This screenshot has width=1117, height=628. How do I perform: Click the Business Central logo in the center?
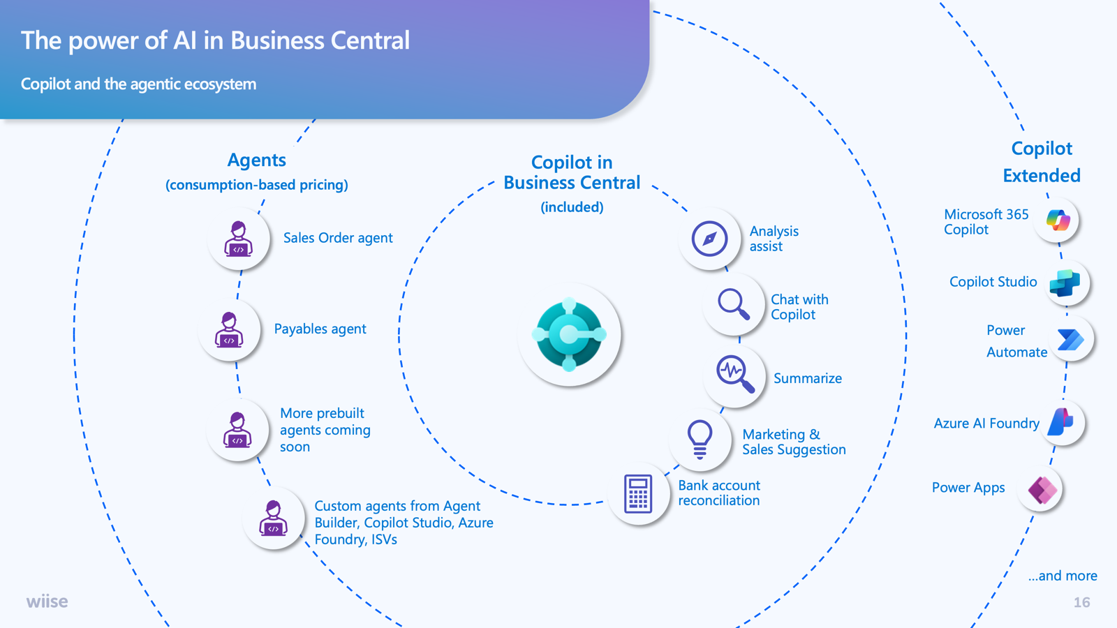(x=569, y=334)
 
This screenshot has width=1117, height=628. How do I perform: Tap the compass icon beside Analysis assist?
(x=709, y=239)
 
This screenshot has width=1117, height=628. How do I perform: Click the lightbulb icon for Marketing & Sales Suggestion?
(x=700, y=439)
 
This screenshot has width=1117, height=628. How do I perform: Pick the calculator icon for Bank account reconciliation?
(x=638, y=493)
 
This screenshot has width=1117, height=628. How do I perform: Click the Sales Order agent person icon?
(x=238, y=239)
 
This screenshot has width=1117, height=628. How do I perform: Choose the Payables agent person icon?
(x=229, y=329)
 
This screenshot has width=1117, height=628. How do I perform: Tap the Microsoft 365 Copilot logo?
(x=1058, y=220)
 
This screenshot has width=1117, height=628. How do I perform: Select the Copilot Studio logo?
(x=1065, y=283)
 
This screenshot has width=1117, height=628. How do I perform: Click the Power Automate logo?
(x=1071, y=340)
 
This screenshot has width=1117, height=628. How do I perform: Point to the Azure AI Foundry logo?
(x=1060, y=422)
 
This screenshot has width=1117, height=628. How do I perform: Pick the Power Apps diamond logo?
(x=1043, y=489)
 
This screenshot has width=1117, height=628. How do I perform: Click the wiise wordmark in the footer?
(x=47, y=601)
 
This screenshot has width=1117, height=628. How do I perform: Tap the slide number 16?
(x=1081, y=603)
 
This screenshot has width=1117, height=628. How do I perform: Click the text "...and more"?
(x=1063, y=576)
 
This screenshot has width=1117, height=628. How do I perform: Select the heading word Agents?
(x=257, y=160)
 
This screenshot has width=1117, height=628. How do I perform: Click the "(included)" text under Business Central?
(x=572, y=207)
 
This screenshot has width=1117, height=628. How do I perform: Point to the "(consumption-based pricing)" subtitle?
(x=257, y=185)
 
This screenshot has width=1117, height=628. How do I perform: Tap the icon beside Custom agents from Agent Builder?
(x=273, y=518)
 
